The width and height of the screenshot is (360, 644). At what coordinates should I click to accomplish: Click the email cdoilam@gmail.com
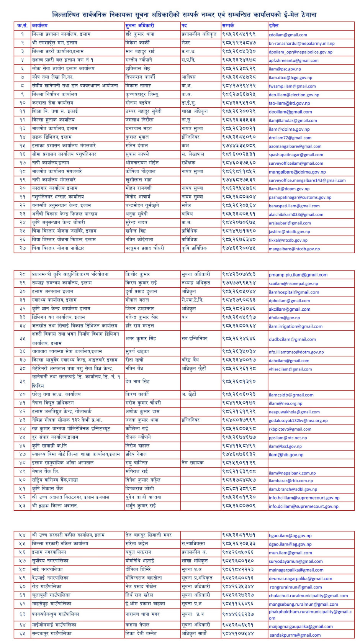click(288, 35)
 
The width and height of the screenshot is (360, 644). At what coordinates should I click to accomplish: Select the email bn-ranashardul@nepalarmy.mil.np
click(301, 44)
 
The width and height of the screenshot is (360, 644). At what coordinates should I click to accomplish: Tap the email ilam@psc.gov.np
click(285, 69)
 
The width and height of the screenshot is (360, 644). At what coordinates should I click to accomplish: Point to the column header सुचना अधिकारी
click(140, 26)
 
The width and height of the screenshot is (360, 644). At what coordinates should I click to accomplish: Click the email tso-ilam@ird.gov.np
click(289, 103)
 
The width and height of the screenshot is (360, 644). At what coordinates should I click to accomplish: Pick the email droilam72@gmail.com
click(290, 138)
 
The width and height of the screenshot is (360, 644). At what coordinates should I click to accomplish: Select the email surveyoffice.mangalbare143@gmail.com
click(307, 180)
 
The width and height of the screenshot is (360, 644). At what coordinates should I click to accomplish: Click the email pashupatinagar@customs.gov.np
click(300, 198)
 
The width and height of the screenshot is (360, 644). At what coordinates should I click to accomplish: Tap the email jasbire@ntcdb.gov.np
click(289, 232)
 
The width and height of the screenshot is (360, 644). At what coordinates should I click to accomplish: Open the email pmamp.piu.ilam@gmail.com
click(298, 275)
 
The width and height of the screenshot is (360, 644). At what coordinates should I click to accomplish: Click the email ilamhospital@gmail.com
click(294, 292)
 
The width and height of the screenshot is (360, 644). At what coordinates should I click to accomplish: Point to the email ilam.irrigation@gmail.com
click(295, 326)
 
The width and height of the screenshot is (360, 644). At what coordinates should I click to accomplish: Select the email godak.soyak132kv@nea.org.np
click(298, 421)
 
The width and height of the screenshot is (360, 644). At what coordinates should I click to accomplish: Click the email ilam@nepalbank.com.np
click(292, 473)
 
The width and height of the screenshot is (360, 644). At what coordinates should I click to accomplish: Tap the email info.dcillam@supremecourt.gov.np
click(303, 506)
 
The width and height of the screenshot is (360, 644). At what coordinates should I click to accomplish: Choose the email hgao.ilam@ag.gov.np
click(290, 536)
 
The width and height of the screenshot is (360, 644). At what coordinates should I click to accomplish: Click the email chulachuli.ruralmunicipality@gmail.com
click(308, 596)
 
